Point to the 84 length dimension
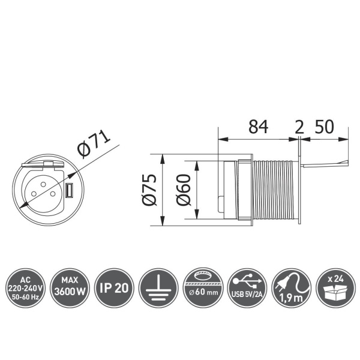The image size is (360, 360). coord(259,127)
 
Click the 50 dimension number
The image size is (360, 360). coord(324,127)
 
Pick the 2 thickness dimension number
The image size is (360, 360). coord(298,127)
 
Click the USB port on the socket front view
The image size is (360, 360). coord(69,191)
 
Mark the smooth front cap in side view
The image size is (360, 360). coord(229,190)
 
